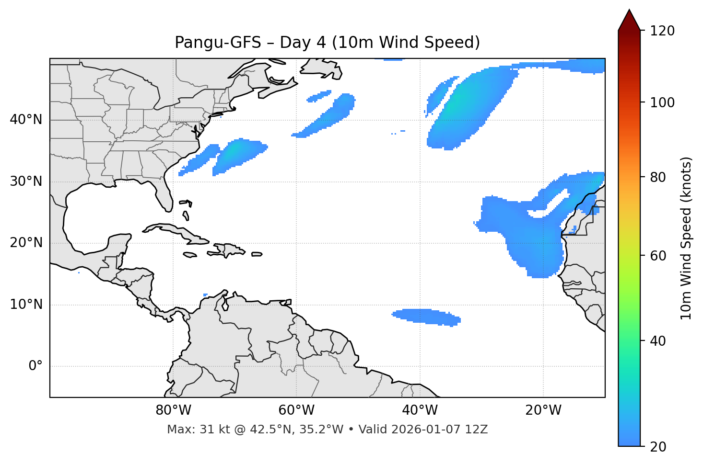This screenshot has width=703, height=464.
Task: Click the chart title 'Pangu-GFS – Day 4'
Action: click(327, 43)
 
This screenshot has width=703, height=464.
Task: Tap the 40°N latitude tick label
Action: click(26, 120)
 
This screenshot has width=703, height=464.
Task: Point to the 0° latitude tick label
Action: click(35, 366)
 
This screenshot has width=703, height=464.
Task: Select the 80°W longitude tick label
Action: click(173, 410)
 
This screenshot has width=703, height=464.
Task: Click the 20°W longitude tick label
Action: click(543, 410)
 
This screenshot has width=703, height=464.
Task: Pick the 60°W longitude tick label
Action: click(296, 410)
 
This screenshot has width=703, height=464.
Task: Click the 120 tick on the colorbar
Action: click(662, 31)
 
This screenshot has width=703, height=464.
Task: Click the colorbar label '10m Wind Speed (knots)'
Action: click(686, 238)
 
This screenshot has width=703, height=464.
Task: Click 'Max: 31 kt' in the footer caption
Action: click(188, 430)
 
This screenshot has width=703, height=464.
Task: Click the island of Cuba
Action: click(173, 230)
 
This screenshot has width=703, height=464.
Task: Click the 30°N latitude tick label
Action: click(26, 181)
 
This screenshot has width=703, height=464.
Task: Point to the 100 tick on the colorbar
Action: click(662, 102)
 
